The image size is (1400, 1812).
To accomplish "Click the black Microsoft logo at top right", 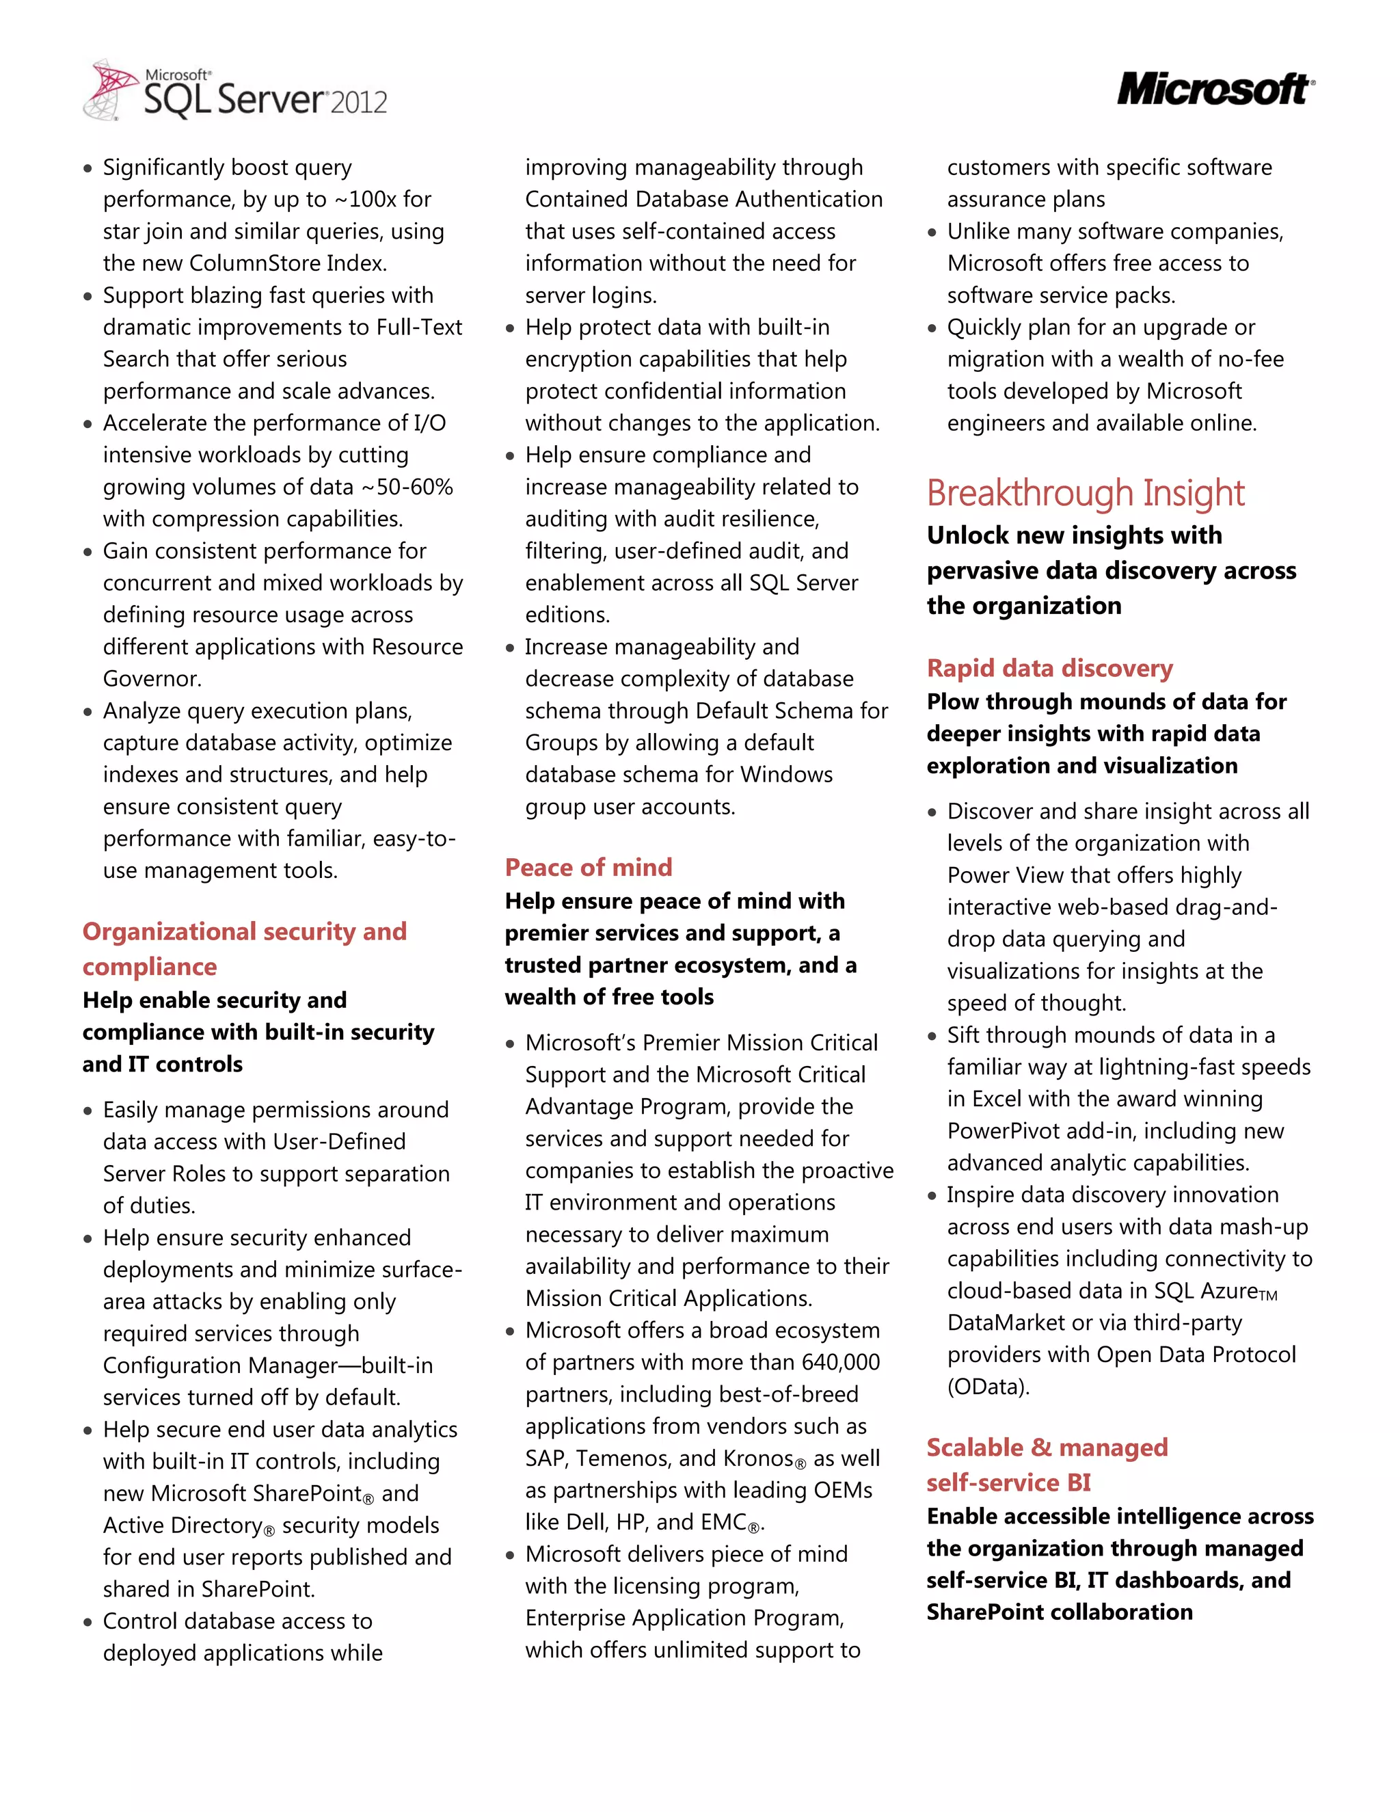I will click(1214, 90).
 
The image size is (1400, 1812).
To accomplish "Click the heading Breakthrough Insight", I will click(1085, 493).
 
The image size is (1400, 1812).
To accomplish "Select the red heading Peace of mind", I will click(588, 867).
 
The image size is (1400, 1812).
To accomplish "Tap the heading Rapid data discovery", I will click(1049, 668).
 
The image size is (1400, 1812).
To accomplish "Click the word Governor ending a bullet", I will click(151, 679).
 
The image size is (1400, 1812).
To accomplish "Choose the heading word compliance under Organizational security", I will click(149, 967).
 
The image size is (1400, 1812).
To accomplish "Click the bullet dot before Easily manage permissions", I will click(88, 1112).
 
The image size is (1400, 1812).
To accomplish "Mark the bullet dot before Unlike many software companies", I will click(932, 233).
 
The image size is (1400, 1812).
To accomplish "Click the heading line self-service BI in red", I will click(1008, 1482).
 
